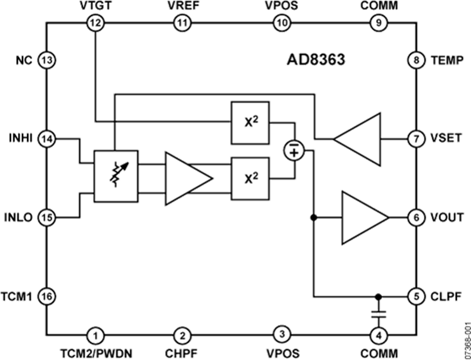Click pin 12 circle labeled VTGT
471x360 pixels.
tap(96, 22)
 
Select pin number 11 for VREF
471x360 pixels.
tap(182, 22)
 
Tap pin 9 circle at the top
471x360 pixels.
tap(378, 22)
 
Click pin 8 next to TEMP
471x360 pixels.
tap(415, 60)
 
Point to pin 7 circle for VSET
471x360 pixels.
tap(415, 139)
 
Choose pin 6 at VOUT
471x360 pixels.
tap(415, 217)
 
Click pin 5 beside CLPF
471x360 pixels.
tap(415, 296)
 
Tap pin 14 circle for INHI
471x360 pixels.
tap(47, 139)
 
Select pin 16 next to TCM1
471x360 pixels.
tap(47, 296)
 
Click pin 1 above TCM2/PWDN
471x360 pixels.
tap(95, 334)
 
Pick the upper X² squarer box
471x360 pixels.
tap(250, 122)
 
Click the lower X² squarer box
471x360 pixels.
tap(250, 178)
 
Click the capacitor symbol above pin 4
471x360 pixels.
tap(378, 314)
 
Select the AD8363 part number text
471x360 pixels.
tap(316, 59)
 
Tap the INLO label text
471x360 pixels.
tap(19, 217)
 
